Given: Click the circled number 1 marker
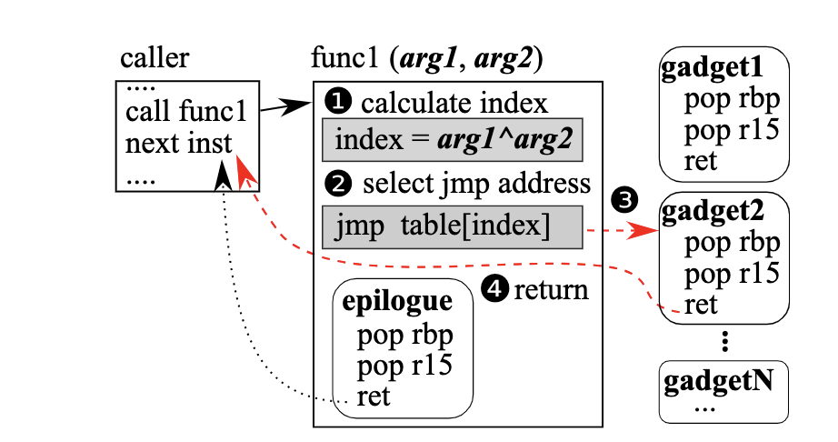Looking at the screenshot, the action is coord(338,102).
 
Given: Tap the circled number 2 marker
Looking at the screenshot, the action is coord(338,184).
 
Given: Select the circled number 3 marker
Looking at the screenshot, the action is coord(624,200).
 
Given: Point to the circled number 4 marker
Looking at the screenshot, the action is coord(494,288).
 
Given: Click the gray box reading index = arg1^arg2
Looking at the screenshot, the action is coord(452,140).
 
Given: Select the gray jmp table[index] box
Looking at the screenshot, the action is coord(452,227).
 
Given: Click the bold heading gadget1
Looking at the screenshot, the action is coord(713,69).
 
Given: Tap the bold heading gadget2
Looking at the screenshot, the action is coord(713,212).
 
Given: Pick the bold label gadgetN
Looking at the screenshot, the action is coord(718,382).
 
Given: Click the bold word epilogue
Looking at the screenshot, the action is coord(397,302).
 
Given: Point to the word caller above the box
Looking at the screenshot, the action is coord(155,57).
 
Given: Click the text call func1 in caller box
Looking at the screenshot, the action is coord(186,111).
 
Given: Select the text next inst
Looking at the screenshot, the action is coord(178,143).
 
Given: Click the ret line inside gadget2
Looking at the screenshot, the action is coord(700,306).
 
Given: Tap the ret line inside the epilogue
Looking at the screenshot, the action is coord(373,397).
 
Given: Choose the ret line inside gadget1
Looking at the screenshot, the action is coord(700,161).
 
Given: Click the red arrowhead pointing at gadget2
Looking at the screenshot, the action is coord(644,231).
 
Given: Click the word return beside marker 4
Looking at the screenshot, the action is coord(551,290).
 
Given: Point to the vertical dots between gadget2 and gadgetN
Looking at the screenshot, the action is coord(724,342).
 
